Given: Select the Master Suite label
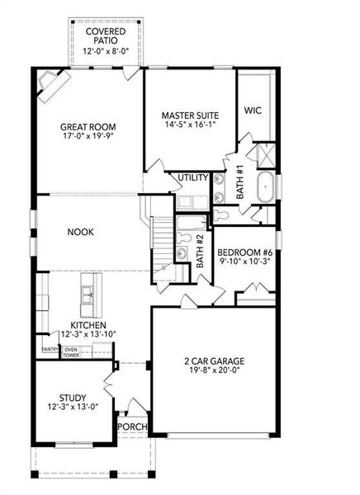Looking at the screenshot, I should tap(188, 115).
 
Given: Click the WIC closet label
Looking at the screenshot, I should tap(253, 110).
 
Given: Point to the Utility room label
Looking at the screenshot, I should tap(192, 177).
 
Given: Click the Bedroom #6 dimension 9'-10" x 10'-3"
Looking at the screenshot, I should tap(244, 263).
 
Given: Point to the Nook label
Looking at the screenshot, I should tap(80, 232).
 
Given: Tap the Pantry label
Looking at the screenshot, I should tap(49, 350).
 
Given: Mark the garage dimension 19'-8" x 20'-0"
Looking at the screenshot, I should tap(213, 372).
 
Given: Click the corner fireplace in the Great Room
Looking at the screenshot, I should tap(52, 83).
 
